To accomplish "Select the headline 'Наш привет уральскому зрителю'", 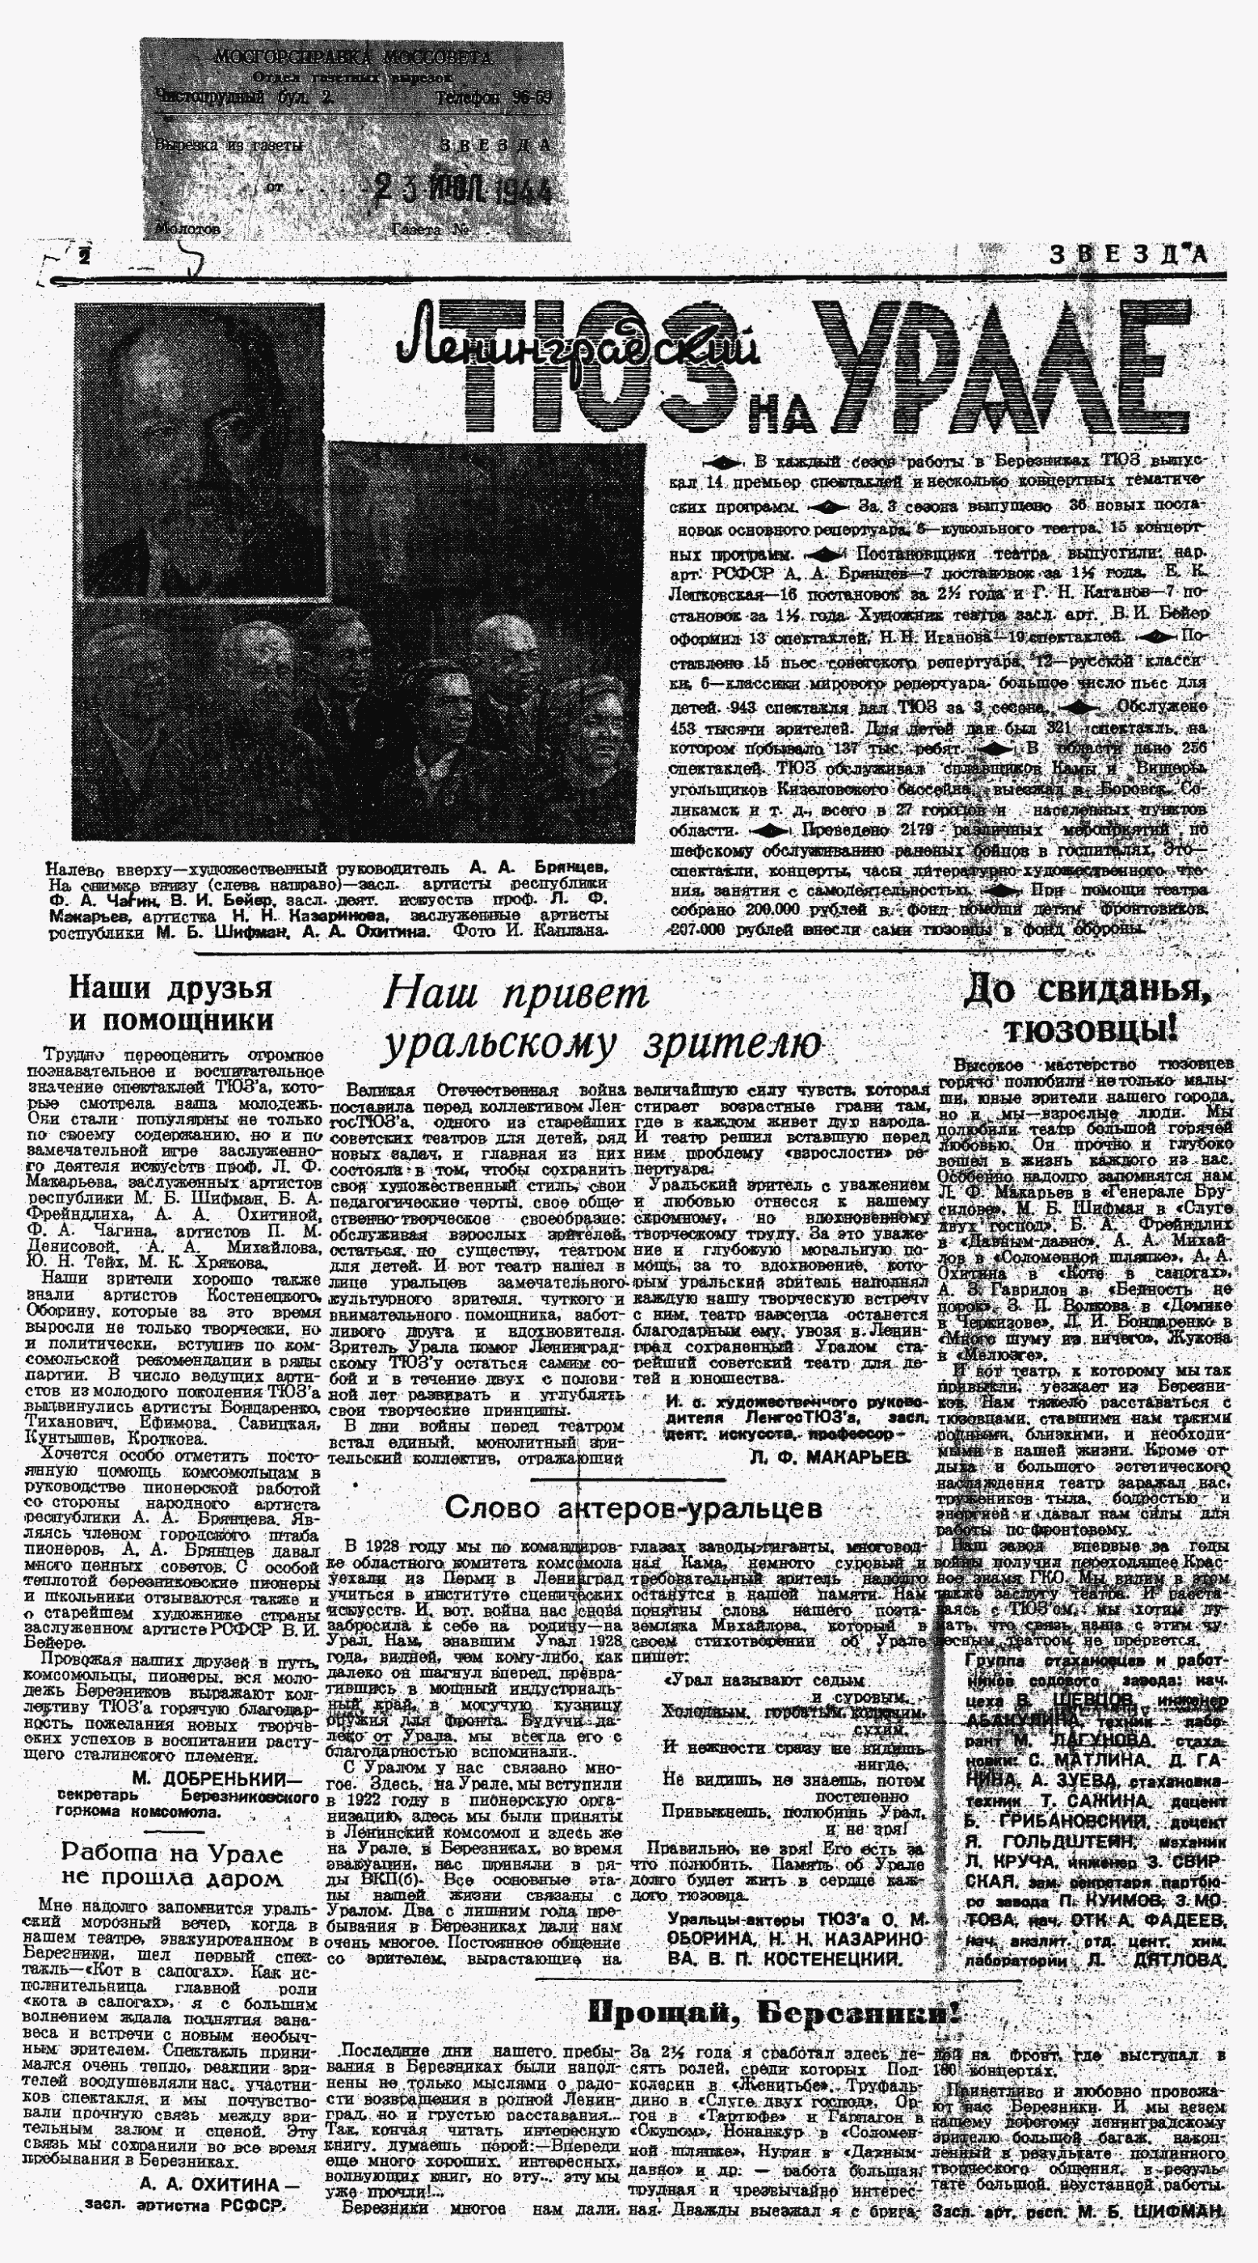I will (604, 1020).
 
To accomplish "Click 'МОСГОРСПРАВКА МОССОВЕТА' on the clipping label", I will (353, 59).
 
